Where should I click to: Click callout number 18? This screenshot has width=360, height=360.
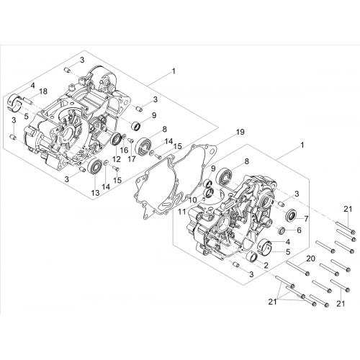point(43,91)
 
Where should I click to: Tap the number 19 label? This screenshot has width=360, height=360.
point(240,132)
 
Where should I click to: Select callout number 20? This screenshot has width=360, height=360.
point(311,258)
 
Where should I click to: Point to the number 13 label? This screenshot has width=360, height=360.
point(96,192)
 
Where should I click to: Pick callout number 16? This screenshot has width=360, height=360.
point(124,150)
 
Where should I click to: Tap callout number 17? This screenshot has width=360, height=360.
point(132,158)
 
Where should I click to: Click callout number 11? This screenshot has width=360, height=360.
point(182,212)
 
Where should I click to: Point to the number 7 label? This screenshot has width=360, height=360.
point(306,219)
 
